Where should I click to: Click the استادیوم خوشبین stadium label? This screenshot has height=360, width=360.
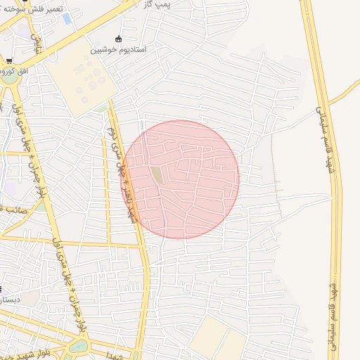pos(117,51)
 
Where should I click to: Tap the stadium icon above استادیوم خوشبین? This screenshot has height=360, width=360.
pos(117,39)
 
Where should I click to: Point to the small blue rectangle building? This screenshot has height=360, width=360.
pos(67,18)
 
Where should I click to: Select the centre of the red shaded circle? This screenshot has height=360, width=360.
pos(181,179)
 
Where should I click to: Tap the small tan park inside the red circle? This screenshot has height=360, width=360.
pos(158,175)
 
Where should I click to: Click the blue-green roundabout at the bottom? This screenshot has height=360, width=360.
pos(79,345)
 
